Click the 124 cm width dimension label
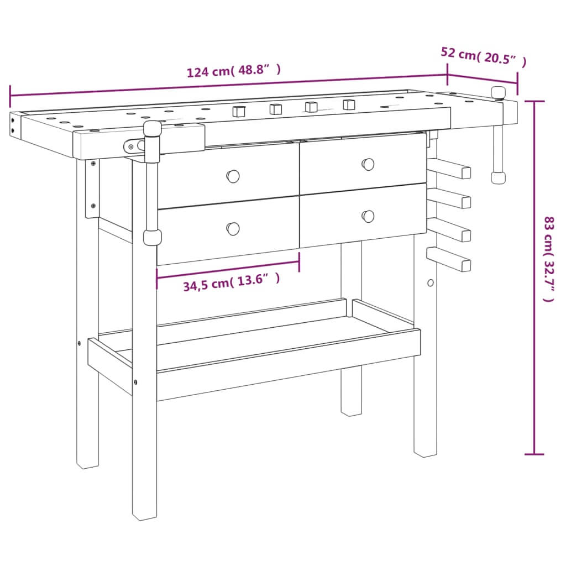[234, 71]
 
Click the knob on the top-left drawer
[233, 176]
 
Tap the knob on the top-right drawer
[368, 164]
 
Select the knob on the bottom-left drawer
[233, 228]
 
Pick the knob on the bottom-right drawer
[368, 216]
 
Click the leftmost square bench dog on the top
[238, 111]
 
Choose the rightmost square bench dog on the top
[349, 104]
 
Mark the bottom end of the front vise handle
[152, 238]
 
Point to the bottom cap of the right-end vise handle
[498, 177]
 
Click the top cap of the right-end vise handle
[499, 92]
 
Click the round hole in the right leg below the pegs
[431, 282]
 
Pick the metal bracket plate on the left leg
[92, 188]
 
